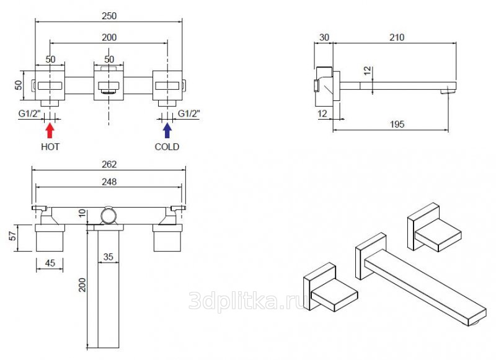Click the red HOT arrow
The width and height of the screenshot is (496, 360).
pyautogui.click(x=50, y=131)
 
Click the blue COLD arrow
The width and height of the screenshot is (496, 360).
pyautogui.click(x=167, y=131)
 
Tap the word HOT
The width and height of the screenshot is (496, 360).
pyautogui.click(x=50, y=147)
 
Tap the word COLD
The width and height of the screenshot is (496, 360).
pyautogui.click(x=167, y=147)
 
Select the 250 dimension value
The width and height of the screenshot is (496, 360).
pyautogui.click(x=109, y=16)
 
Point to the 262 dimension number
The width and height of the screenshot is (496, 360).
pyautogui.click(x=109, y=164)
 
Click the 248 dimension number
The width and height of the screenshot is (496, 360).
pyautogui.click(x=109, y=182)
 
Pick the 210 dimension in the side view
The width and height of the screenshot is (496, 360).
pyautogui.click(x=397, y=37)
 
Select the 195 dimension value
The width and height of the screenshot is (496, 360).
pyautogui.click(x=397, y=124)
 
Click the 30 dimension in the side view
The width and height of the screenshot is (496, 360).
pyautogui.click(x=324, y=37)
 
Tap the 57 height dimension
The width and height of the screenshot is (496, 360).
pyautogui.click(x=12, y=236)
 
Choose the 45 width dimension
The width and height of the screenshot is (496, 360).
pyautogui.click(x=50, y=263)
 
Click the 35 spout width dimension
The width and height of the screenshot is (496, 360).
pyautogui.click(x=108, y=257)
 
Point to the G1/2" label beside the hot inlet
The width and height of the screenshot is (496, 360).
pyautogui.click(x=29, y=113)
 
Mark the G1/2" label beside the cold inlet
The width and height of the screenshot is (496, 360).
pyautogui.click(x=189, y=113)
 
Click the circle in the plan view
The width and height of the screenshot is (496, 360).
pyautogui.click(x=108, y=216)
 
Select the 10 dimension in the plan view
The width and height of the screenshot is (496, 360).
pyautogui.click(x=82, y=213)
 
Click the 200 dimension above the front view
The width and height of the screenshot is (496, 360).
pyautogui.click(x=109, y=37)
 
